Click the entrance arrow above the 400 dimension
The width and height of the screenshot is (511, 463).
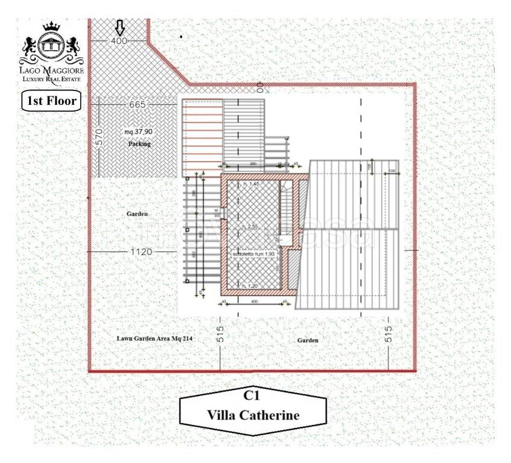(x=119, y=27)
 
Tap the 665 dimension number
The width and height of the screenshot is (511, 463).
(x=138, y=105)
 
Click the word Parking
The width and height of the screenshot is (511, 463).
(x=139, y=145)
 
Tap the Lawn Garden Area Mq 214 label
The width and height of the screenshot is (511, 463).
(x=154, y=339)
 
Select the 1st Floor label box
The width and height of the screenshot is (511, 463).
(x=51, y=101)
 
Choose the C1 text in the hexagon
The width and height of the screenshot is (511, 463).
(x=252, y=396)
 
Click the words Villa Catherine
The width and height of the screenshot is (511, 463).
(x=252, y=415)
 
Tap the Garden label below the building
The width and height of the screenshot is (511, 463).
(x=308, y=341)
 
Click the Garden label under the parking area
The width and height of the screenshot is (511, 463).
(x=138, y=214)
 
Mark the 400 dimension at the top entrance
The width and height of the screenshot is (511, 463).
(x=119, y=40)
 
